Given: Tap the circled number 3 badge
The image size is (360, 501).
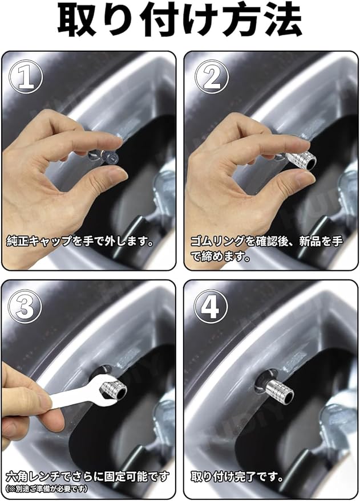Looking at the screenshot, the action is point(26,307).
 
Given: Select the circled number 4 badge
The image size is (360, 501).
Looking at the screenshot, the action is point(211,307).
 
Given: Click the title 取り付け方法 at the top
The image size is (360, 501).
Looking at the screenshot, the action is point(180,21).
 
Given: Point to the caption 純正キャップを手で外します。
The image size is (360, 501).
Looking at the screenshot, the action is point(80,242).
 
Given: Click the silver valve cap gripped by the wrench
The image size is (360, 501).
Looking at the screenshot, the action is point(114,390).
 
